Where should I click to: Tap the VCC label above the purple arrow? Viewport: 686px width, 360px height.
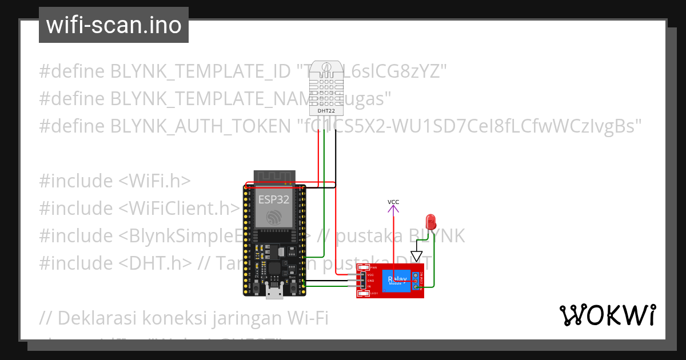[x=393, y=202]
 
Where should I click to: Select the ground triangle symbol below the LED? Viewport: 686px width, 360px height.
[x=416, y=255]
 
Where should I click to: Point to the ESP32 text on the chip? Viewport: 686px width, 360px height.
[x=274, y=199]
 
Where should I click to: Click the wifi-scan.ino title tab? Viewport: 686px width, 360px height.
[x=114, y=25]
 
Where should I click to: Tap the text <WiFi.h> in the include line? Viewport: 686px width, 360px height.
[x=154, y=181]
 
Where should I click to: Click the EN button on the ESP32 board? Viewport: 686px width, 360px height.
[x=257, y=289]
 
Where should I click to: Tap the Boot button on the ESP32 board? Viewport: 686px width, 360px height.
[x=293, y=289]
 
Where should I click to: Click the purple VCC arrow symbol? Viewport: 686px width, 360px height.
[x=393, y=210]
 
